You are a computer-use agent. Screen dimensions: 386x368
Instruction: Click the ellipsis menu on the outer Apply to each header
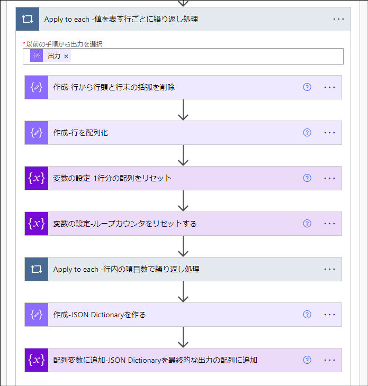pyautogui.click(x=339, y=19)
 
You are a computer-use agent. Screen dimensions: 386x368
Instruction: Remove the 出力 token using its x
pyautogui.click(x=66, y=56)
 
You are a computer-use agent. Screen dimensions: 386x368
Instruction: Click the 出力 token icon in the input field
pyautogui.click(x=37, y=56)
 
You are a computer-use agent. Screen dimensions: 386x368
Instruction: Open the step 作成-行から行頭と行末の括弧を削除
pyautogui.click(x=114, y=87)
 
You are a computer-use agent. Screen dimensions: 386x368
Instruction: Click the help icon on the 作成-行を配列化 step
pyautogui.click(x=307, y=133)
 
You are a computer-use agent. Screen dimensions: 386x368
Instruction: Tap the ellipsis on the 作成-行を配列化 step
pyautogui.click(x=329, y=133)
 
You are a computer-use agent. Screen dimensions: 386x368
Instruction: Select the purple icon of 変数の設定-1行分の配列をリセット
pyautogui.click(x=36, y=178)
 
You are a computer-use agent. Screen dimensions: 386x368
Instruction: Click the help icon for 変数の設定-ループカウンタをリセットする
pyautogui.click(x=307, y=224)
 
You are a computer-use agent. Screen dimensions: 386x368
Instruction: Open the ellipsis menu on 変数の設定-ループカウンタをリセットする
pyautogui.click(x=329, y=224)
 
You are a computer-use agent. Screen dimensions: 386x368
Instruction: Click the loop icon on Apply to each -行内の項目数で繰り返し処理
pyautogui.click(x=36, y=269)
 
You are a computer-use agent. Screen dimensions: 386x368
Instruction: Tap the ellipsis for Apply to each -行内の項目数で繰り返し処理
pyautogui.click(x=329, y=269)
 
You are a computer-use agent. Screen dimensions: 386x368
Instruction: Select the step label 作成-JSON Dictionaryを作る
pyautogui.click(x=100, y=315)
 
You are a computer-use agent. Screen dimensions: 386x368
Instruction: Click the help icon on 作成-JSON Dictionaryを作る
pyautogui.click(x=307, y=315)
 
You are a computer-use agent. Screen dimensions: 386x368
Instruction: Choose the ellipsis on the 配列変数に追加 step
pyautogui.click(x=329, y=360)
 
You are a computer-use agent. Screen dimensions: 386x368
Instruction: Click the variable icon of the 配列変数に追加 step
pyautogui.click(x=36, y=360)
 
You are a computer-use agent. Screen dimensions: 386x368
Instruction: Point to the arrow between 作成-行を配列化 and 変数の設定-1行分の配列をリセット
pyautogui.click(x=183, y=155)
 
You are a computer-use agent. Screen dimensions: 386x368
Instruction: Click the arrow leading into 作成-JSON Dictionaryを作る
pyautogui.click(x=183, y=292)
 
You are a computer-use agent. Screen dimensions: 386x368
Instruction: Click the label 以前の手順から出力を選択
pyautogui.click(x=64, y=44)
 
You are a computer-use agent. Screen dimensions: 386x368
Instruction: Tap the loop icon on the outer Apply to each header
pyautogui.click(x=27, y=19)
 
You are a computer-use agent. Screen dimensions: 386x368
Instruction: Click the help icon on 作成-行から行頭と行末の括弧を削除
pyautogui.click(x=307, y=87)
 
